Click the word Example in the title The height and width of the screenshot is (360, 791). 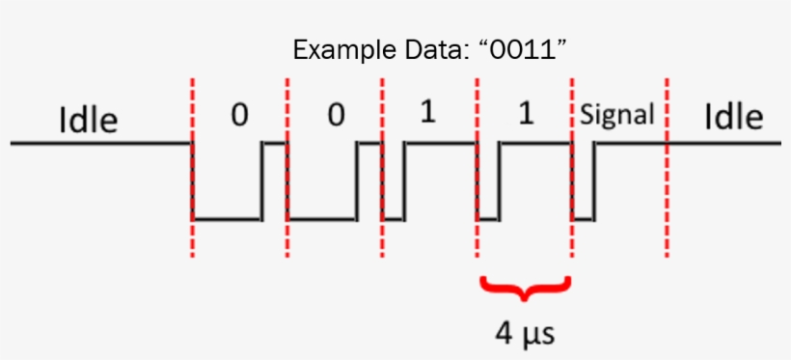coord(335,49)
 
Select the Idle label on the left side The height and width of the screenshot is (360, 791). coord(89,121)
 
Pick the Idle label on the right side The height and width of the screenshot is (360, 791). coord(733,117)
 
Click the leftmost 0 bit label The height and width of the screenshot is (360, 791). coord(239,115)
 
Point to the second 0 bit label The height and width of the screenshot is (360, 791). coord(335,115)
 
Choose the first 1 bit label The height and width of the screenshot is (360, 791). coord(428,113)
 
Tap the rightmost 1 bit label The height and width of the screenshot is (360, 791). coord(525,113)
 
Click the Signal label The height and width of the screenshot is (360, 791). coord(617,114)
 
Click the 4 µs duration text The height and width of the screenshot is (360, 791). coord(526,333)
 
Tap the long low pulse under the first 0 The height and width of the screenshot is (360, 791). coord(227,219)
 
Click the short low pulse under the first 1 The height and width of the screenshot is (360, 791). coord(394,219)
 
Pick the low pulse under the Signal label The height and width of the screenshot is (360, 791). coord(583,219)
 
